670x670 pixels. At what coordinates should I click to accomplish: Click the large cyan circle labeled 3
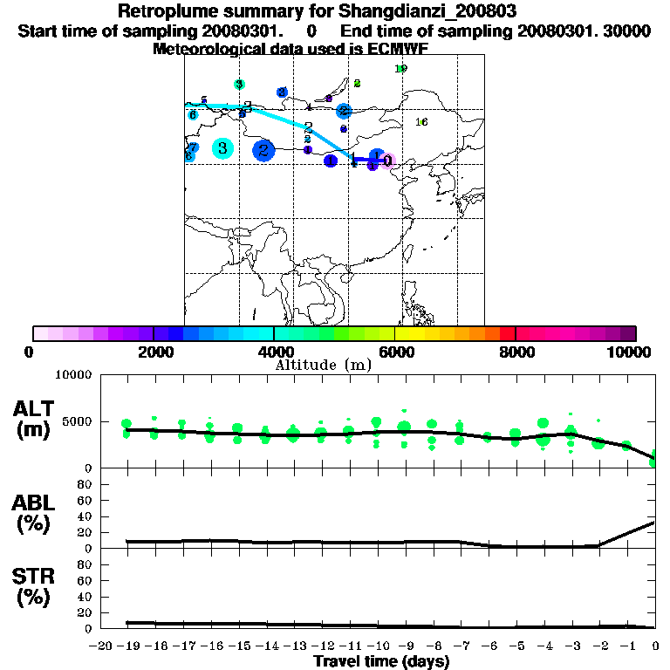[223, 148]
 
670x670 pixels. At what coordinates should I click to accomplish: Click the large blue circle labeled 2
[263, 151]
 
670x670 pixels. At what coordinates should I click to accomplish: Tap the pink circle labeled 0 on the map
[387, 161]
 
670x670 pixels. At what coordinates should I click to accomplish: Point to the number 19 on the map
[400, 69]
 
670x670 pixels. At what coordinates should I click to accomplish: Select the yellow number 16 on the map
[421, 122]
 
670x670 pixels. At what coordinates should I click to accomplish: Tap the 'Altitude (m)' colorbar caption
[323, 365]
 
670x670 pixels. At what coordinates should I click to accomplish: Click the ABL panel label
[35, 513]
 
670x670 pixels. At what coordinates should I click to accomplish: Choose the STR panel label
[35, 586]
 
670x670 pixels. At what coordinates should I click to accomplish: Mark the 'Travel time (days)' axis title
[381, 662]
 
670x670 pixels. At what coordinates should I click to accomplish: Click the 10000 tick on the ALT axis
[73, 375]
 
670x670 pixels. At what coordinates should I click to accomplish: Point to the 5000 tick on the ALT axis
[77, 422]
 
